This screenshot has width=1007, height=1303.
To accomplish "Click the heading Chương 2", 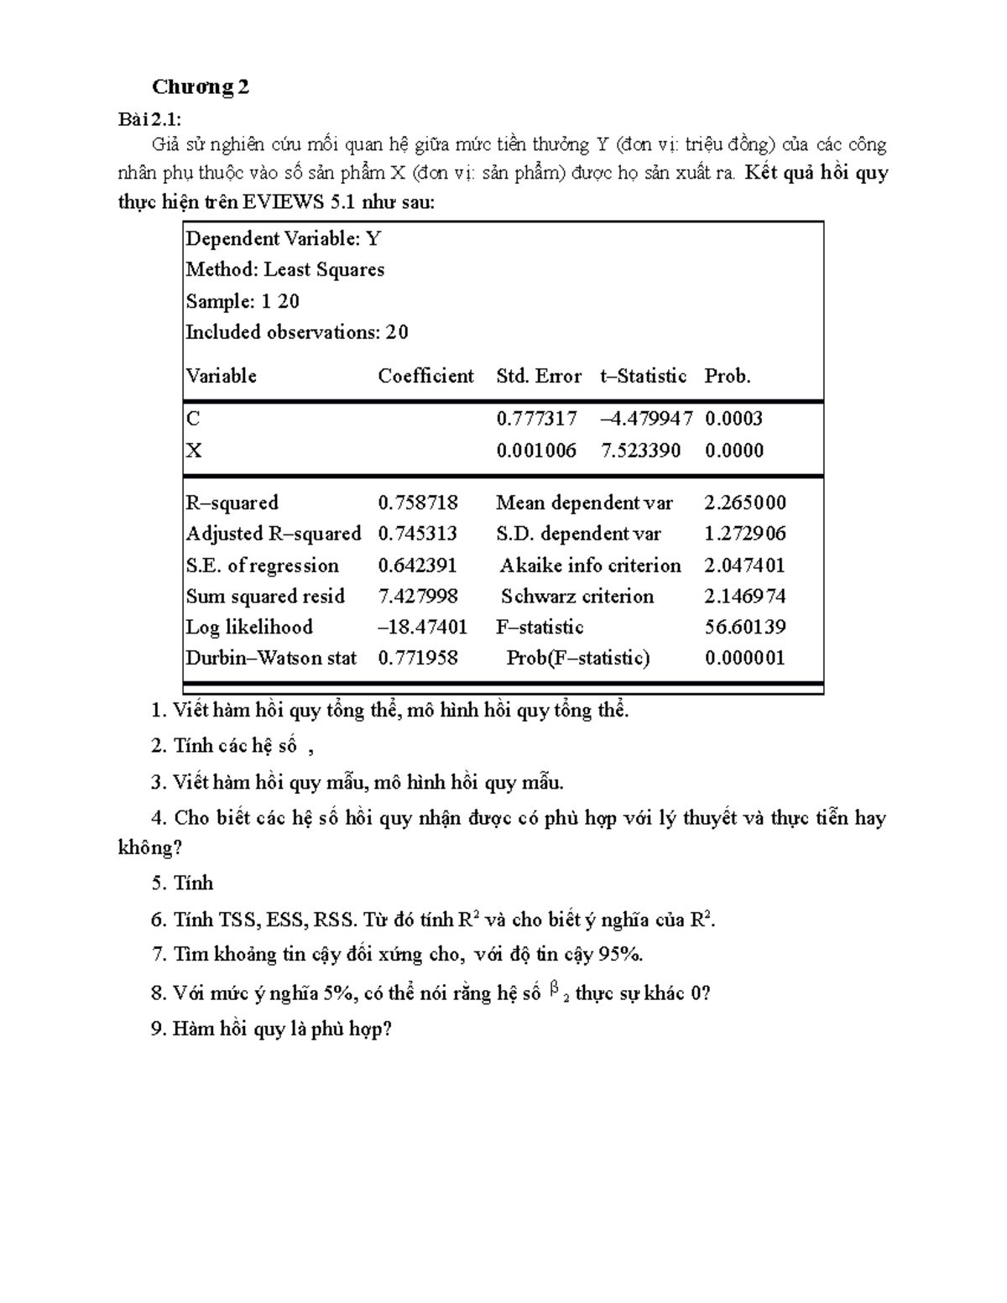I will [x=200, y=86].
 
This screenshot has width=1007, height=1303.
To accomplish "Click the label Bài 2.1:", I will [x=149, y=119].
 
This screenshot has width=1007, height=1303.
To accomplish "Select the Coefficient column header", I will [x=425, y=376].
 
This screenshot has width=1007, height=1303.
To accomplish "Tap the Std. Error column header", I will [x=538, y=376].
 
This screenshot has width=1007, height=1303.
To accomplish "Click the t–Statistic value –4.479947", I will [x=646, y=419].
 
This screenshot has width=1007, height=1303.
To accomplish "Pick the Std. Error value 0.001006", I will [x=536, y=451].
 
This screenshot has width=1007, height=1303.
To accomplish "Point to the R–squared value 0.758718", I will [x=418, y=503].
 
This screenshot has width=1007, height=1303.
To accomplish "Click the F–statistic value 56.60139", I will [x=745, y=627].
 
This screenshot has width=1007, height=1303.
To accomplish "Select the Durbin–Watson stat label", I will [x=271, y=658].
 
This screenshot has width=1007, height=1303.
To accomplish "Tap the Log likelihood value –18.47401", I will [x=422, y=627].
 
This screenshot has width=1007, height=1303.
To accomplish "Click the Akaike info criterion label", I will [x=590, y=566].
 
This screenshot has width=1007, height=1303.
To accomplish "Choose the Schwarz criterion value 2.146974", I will [x=745, y=597].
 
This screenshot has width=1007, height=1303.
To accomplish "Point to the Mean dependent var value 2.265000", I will [x=745, y=503].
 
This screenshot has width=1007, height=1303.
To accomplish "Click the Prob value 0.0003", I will [x=733, y=419].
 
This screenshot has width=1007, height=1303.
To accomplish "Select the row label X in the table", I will [x=194, y=451].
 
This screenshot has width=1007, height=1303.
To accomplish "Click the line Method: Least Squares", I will [x=284, y=269].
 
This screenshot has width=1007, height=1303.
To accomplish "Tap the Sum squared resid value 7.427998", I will [x=418, y=597].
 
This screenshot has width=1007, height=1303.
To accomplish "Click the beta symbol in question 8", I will [x=554, y=990].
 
